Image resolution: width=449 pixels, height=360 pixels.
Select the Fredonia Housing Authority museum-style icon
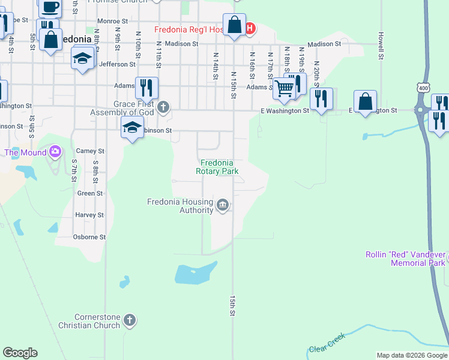pyautogui.click(x=223, y=206)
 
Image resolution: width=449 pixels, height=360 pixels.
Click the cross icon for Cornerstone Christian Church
pyautogui.click(x=129, y=320)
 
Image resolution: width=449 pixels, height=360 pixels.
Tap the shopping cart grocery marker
pyautogui.click(x=284, y=89)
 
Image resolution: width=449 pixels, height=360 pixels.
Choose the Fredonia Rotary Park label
pyautogui.click(x=217, y=167)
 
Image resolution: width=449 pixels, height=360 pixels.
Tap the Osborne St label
pyautogui.click(x=89, y=237)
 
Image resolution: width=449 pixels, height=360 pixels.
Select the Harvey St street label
pyautogui.click(x=90, y=215)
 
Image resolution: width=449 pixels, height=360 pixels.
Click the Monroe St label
pyautogui.click(x=113, y=21)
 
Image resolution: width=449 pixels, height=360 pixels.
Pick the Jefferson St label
pyautogui.click(x=118, y=64)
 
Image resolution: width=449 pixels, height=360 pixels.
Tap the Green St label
pyautogui.click(x=91, y=193)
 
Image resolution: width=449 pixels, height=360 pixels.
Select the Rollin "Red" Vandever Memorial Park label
pyautogui.click(x=406, y=259)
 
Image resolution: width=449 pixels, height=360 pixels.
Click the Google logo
pyautogui.click(x=20, y=353)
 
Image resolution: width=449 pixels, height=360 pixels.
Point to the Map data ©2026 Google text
pyautogui.click(x=411, y=355)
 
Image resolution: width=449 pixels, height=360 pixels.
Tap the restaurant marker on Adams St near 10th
pyautogui.click(x=146, y=88)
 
